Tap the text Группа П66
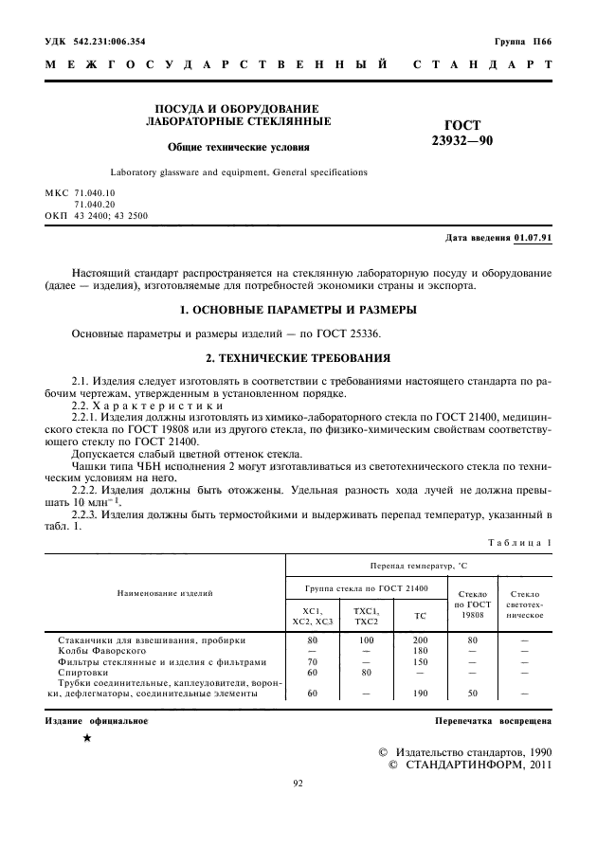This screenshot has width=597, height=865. click(522, 42)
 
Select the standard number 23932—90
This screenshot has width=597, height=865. click(462, 140)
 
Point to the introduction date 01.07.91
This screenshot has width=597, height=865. click(533, 236)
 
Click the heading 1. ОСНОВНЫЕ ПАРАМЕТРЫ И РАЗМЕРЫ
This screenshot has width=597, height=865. click(299, 310)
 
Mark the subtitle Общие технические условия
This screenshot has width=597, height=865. click(239, 147)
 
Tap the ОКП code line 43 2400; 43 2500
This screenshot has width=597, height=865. click(97, 215)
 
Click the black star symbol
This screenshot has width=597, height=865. click(87, 738)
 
